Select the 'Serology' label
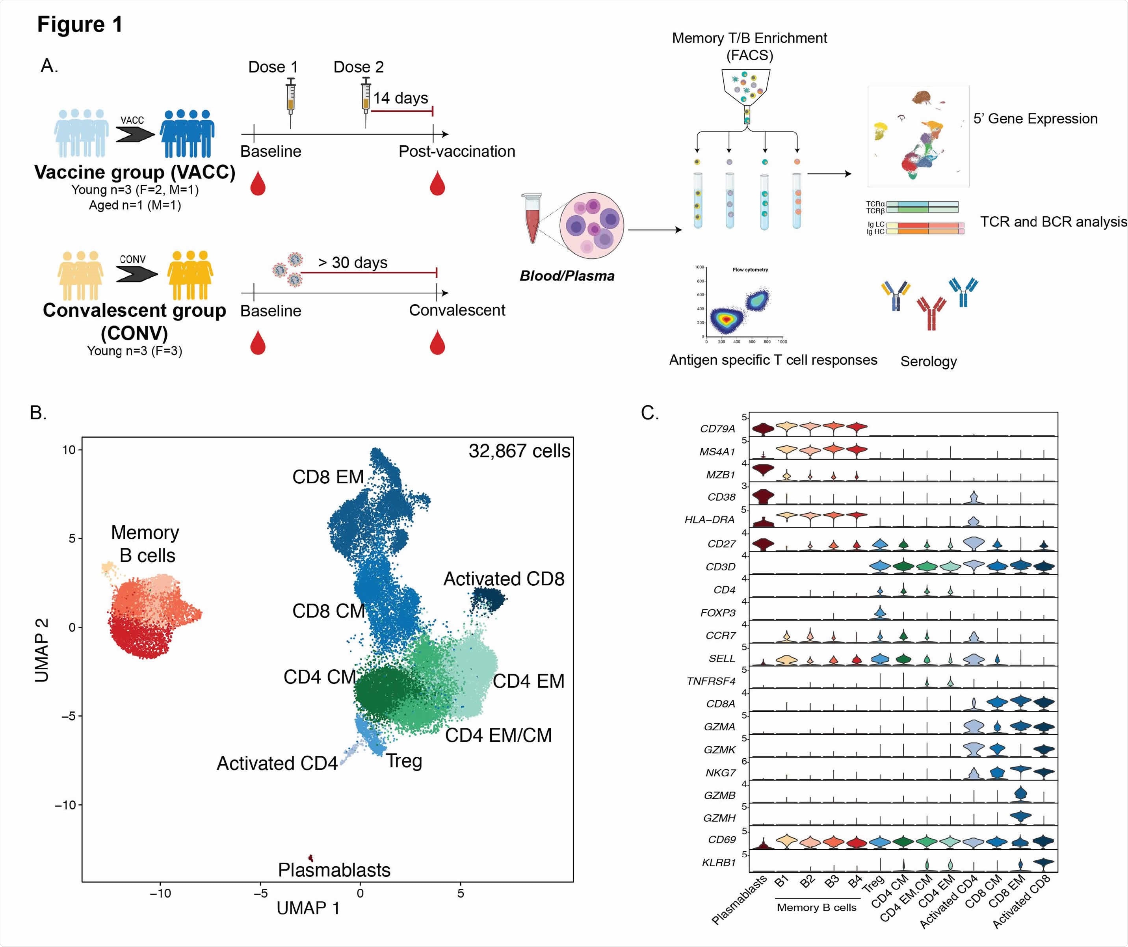point(928,362)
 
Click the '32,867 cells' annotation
point(519,451)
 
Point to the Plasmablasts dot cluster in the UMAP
point(310,858)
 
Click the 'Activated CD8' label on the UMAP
point(503,579)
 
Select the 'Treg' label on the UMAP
point(404,761)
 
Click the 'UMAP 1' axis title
point(308,908)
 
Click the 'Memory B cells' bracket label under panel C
point(816,907)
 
